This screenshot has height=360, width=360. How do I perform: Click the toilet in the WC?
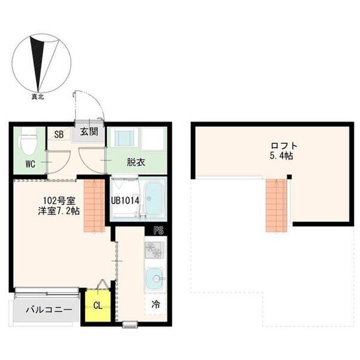coord(29,142)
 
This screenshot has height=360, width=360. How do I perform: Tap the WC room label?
coord(31,164)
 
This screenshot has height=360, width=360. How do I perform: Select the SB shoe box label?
coord(59,134)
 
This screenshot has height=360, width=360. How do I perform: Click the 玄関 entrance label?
coord(89,132)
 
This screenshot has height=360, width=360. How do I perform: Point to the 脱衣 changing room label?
coord(136,163)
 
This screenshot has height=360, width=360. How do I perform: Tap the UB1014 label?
coord(125,201)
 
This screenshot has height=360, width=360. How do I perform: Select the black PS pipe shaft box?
coord(158,230)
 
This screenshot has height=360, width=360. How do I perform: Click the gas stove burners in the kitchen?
coord(154,250)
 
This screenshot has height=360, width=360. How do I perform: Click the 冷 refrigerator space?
coord(156,304)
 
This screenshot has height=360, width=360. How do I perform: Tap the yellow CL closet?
coord(98,305)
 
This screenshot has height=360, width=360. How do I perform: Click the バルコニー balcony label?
coord(49,310)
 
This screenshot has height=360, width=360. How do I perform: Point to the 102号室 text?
coord(59,201)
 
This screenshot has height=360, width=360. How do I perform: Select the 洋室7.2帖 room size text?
coord(59,211)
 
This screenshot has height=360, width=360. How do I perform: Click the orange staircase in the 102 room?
coord(94,206)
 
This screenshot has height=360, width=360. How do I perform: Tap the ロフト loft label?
coord(284,146)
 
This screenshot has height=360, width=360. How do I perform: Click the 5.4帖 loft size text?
coord(281,156)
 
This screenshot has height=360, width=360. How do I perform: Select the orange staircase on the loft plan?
coord(277,206)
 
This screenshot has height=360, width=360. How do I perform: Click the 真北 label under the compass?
coord(38,97)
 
